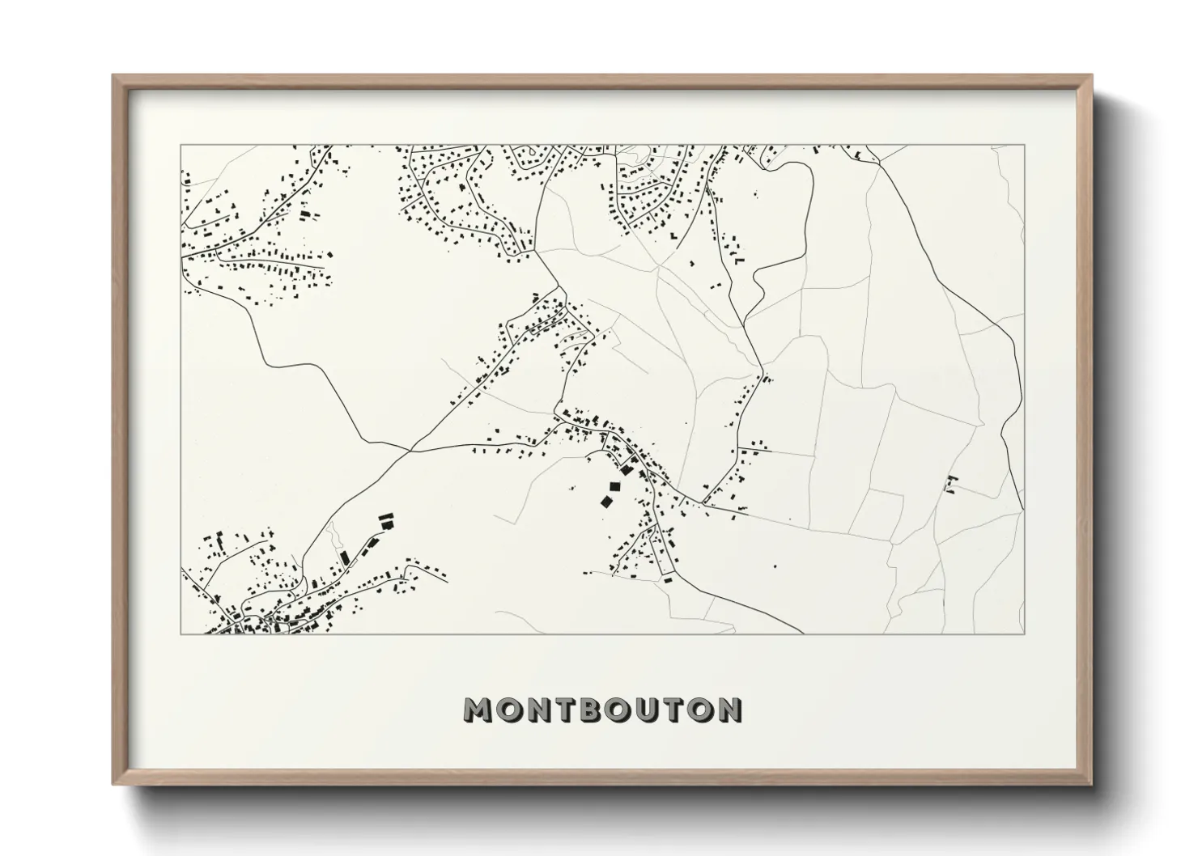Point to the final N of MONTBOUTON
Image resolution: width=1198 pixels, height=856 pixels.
pyautogui.click(x=730, y=710)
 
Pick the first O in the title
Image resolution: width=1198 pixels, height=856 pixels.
pyautogui.click(x=508, y=710)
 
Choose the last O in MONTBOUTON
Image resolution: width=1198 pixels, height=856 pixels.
pyautogui.click(x=701, y=710)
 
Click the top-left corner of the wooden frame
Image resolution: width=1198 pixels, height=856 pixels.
pyautogui.click(x=113, y=75)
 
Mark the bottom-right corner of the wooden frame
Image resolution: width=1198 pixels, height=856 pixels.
pyautogui.click(x=1092, y=784)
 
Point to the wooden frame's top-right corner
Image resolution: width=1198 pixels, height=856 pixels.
pyautogui.click(x=1092, y=75)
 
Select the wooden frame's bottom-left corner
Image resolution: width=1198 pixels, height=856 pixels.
pyautogui.click(x=113, y=784)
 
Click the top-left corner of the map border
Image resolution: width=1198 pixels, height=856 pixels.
pyautogui.click(x=181, y=145)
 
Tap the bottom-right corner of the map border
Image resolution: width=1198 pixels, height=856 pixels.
pyautogui.click(x=1025, y=634)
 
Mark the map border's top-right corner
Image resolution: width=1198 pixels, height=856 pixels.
pyautogui.click(x=1025, y=145)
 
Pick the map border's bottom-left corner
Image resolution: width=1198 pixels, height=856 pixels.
pyautogui.click(x=181, y=634)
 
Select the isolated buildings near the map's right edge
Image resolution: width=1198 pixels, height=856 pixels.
pyautogui.click(x=951, y=484)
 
